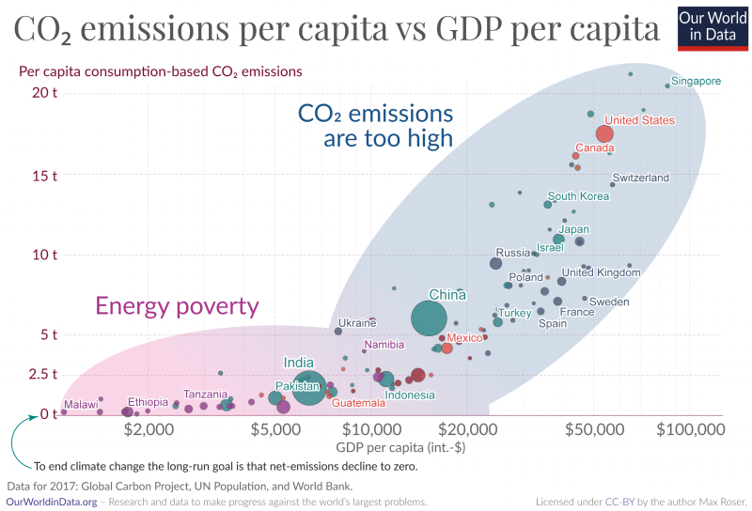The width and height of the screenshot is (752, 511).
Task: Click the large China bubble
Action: [x=429, y=318]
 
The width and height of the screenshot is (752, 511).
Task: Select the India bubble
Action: [x=309, y=387]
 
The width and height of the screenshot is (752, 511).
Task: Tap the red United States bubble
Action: [x=604, y=133]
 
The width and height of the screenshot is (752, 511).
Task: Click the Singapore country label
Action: [x=697, y=81]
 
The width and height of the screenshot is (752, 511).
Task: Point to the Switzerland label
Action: [x=640, y=178]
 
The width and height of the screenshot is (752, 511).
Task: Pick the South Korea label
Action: [x=578, y=196]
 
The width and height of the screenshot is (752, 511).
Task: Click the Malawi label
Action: [x=81, y=405]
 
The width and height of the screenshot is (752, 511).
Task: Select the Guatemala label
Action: [x=358, y=403]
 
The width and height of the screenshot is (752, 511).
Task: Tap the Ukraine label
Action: [x=357, y=323]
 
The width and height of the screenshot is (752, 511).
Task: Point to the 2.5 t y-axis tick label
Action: [x=41, y=374]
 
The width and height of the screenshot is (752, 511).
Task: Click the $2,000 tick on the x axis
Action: [x=149, y=429]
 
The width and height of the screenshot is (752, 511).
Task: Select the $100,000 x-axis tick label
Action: [x=690, y=429]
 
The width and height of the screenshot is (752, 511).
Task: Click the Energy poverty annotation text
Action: [x=177, y=306]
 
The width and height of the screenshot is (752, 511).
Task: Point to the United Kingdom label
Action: [x=601, y=272]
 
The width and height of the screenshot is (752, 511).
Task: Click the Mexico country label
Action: [x=464, y=337]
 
